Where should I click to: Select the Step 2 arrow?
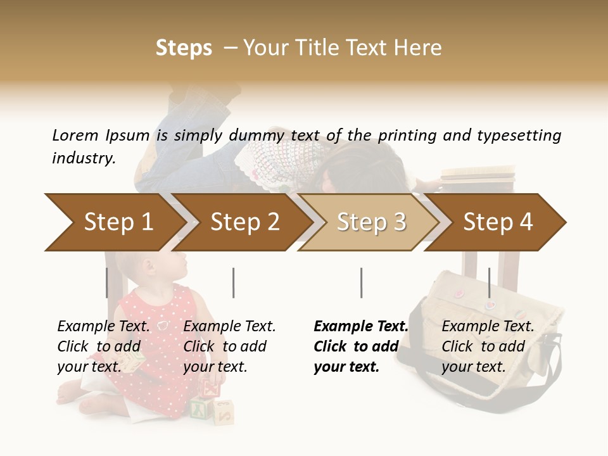(244, 222)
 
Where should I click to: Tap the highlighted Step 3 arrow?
(371, 222)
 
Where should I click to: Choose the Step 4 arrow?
(498, 222)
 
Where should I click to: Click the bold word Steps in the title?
(184, 47)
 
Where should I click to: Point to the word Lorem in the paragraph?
(75, 135)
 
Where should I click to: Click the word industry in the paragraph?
(83, 158)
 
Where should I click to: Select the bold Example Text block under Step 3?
(361, 346)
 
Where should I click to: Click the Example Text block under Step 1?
(103, 346)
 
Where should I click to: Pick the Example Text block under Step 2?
(229, 346)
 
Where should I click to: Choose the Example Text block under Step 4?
(488, 346)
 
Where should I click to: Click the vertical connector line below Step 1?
(107, 282)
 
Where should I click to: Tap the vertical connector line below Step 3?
(361, 282)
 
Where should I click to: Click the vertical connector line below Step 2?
(234, 282)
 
